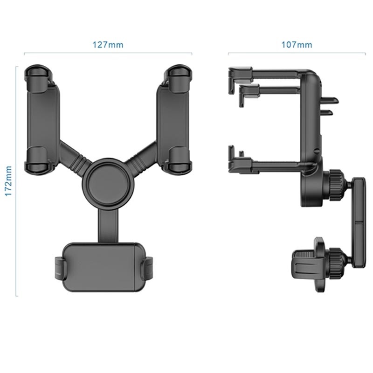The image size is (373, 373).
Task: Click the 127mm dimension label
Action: [108, 45]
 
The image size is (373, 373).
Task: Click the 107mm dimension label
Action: [297, 45]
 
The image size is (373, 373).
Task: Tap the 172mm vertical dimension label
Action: [8, 181]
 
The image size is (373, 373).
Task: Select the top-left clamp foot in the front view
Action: [38, 73]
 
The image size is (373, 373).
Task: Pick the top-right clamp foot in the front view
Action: [178, 73]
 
